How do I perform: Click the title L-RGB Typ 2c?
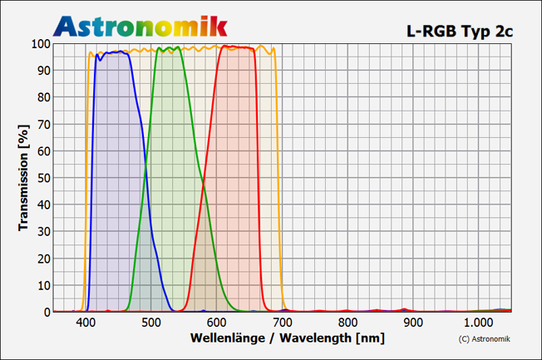coord(460,31)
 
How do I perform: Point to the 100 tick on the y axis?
coord(38,43)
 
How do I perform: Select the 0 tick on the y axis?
coord(45,313)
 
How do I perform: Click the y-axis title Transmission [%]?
coord(24,177)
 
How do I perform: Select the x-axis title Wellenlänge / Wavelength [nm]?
coord(287,338)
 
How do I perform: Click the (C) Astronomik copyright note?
coord(485,338)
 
